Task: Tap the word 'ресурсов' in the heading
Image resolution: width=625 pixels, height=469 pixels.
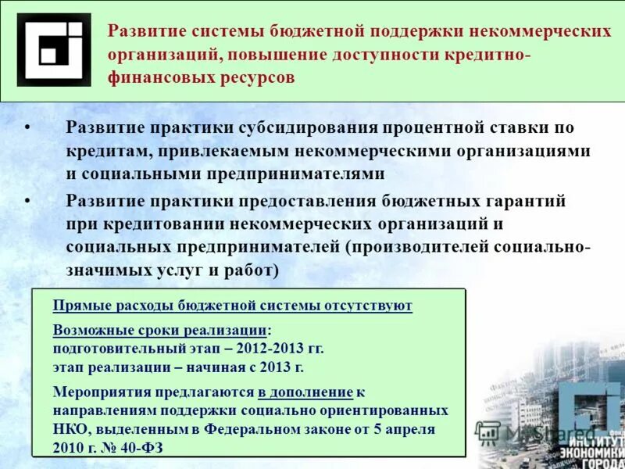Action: click(259, 78)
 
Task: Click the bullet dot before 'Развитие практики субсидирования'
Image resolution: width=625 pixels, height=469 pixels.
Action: click(27, 127)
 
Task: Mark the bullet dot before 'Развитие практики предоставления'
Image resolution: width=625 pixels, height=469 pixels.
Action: click(27, 201)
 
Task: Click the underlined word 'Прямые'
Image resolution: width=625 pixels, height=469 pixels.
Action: click(80, 306)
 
